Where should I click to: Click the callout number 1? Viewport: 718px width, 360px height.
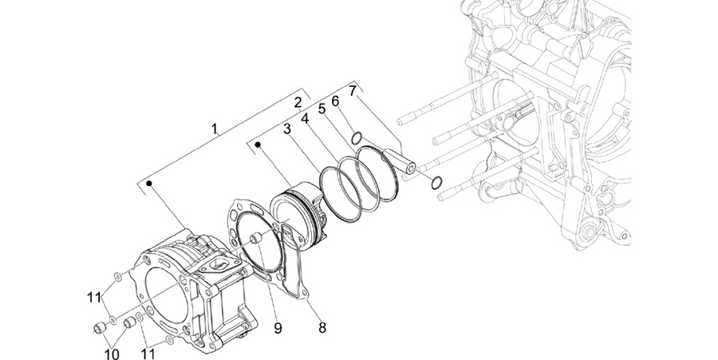click(215, 129)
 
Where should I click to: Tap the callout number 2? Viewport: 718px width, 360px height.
click(298, 103)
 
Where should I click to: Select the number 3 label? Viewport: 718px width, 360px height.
click(287, 129)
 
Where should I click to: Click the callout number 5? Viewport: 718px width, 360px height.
click(322, 109)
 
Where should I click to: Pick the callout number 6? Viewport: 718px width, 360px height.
click(336, 101)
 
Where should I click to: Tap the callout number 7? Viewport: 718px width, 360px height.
click(352, 91)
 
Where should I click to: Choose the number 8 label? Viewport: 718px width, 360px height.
click(322, 327)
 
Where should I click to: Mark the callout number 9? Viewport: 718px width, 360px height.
click(278, 328)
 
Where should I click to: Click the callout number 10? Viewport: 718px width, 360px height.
click(112, 354)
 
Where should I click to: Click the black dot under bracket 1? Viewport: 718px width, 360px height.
click(149, 184)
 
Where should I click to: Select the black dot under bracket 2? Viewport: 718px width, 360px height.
click(258, 144)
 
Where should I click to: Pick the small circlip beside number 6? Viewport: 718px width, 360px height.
click(357, 137)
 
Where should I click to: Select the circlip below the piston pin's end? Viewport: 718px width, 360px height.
click(436, 182)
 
